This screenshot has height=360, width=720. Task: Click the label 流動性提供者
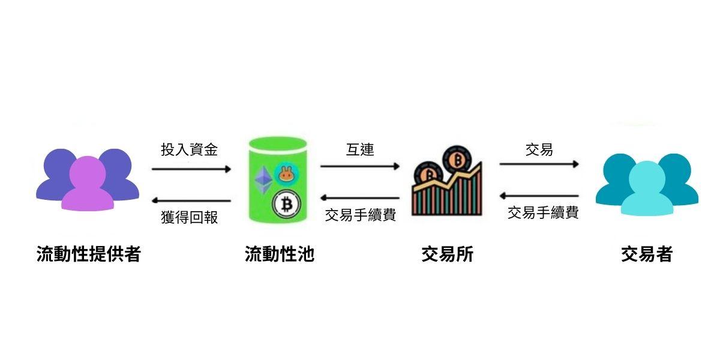coord(88,254)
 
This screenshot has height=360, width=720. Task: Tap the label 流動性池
coord(279,254)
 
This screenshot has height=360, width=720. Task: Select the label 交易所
coord(447,254)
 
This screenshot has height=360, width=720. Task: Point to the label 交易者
coord(646,254)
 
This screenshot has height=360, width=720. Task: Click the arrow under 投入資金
coord(191,169)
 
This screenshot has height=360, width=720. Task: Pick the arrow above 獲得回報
coord(191,200)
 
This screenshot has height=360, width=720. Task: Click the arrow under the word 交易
coord(539,164)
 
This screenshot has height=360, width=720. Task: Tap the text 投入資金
coord(189,150)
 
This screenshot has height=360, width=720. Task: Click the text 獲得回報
coord(189,217)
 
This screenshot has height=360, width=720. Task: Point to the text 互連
coord(360,149)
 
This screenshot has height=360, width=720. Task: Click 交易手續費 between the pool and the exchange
coord(360,215)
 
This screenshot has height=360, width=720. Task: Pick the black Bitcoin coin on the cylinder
coord(286,205)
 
